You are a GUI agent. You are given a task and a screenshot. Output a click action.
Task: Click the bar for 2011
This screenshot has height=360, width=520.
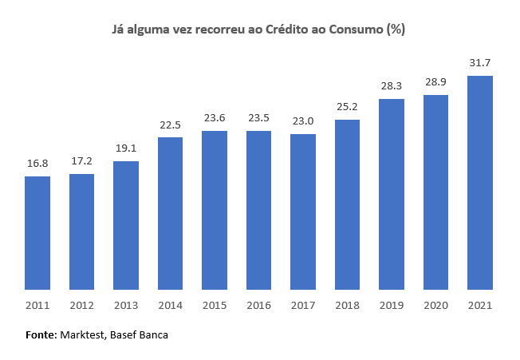point(37,232)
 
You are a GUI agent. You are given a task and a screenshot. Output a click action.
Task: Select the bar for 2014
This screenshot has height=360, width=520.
point(170,212)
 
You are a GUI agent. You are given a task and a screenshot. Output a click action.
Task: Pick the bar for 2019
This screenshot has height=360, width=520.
point(392,193)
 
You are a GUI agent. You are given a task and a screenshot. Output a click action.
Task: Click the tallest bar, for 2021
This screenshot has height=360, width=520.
point(479,182)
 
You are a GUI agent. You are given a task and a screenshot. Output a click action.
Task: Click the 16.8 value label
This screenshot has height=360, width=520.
point(37,162)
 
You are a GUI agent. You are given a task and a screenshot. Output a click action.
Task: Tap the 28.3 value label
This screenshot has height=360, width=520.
point(392,85)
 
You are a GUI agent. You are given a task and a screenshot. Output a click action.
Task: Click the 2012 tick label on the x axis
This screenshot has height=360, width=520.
point(82,305)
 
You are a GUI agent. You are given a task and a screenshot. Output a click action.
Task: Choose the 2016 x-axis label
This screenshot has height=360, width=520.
point(258,305)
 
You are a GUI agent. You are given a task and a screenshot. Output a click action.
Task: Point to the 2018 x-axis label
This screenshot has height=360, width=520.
point(347,305)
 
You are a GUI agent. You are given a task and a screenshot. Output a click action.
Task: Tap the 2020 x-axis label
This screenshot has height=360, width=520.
point(435,305)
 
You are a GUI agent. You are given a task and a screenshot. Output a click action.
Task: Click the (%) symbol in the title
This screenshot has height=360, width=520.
point(396,30)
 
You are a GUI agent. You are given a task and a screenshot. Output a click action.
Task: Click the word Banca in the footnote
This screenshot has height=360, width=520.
point(152,336)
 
